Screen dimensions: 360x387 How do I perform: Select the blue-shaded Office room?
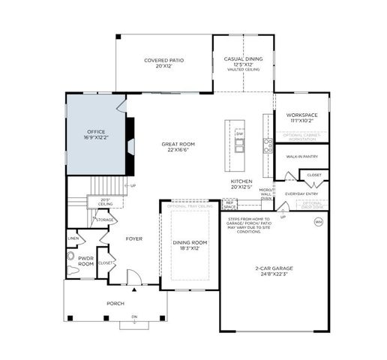tap(95, 135)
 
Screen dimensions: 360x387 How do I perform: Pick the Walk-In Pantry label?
tap(301, 157)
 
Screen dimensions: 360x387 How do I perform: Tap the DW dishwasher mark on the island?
tap(239, 133)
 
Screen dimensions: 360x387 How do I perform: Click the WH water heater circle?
tap(318, 222)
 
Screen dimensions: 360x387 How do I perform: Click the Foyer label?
tap(133, 238)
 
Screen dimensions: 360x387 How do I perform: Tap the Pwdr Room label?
tap(86, 261)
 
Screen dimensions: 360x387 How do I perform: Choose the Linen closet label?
tap(73, 238)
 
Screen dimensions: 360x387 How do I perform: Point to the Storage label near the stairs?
tap(104, 220)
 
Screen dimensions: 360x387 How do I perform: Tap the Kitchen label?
tap(241, 184)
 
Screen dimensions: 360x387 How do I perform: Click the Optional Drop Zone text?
tap(313, 204)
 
